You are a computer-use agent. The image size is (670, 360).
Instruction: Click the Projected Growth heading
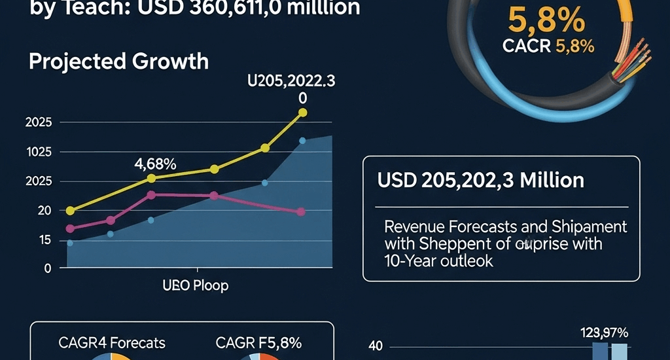(119, 61)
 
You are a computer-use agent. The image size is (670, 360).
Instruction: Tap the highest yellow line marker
(302, 113)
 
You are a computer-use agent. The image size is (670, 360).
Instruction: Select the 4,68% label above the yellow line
(155, 164)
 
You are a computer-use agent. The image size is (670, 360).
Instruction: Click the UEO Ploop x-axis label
(196, 286)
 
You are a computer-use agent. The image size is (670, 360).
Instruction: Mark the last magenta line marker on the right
(301, 211)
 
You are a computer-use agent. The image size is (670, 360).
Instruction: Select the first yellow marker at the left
(71, 211)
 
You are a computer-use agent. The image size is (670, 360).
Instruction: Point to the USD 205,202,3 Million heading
(481, 181)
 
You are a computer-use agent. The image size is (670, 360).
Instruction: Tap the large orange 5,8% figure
(546, 22)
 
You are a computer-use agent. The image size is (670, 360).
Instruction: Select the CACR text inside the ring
(527, 46)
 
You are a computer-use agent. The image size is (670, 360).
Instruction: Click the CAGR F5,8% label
(258, 342)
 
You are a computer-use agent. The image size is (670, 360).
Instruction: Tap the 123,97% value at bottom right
(605, 332)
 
